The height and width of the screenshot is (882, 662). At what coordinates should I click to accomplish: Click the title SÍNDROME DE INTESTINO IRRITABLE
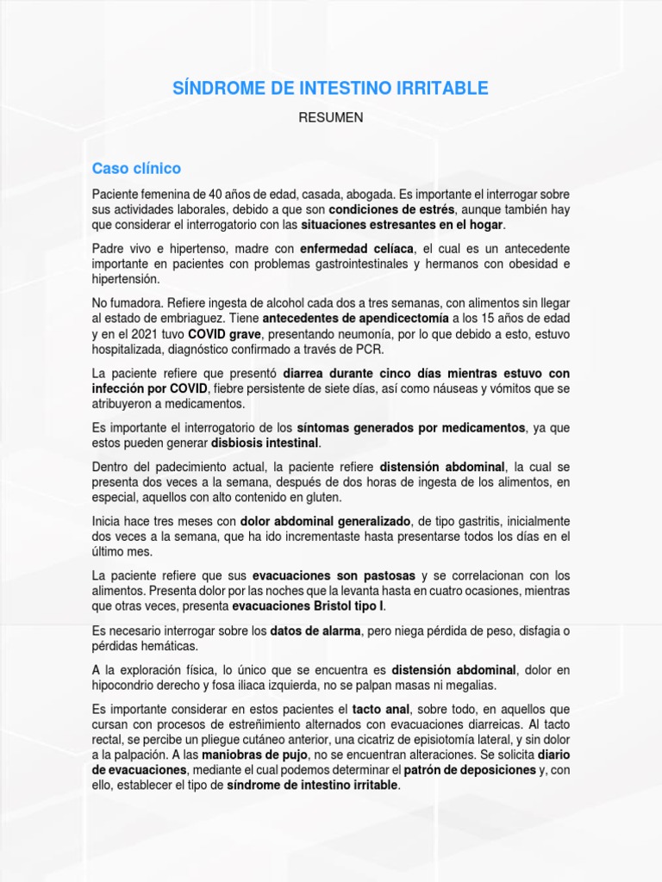tap(331, 88)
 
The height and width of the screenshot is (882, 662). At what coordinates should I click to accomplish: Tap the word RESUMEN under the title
tap(331, 118)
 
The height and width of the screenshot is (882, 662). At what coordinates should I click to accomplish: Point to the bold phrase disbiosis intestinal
tap(265, 443)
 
